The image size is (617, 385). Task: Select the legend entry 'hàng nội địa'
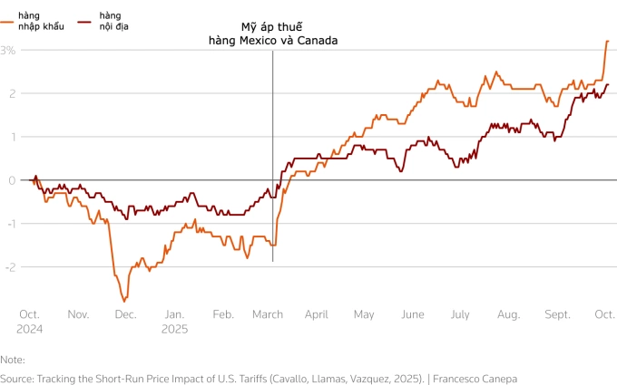pos(109,22)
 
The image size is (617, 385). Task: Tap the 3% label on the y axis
pos(8,51)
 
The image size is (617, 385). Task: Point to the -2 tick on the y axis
pos(8,266)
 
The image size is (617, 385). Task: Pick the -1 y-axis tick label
pos(8,224)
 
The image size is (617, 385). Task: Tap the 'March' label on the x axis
pos(268,314)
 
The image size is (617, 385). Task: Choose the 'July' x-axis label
pos(460,314)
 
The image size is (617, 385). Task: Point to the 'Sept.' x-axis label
pos(558,314)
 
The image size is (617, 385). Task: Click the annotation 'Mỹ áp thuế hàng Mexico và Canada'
pos(272,34)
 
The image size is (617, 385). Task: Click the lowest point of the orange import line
pos(123,301)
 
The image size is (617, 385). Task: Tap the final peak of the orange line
pos(607,41)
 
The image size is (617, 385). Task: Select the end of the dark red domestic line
pos(608,85)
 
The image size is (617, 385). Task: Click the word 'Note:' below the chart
pos(13,360)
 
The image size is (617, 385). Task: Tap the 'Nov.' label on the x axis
pos(78,314)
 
